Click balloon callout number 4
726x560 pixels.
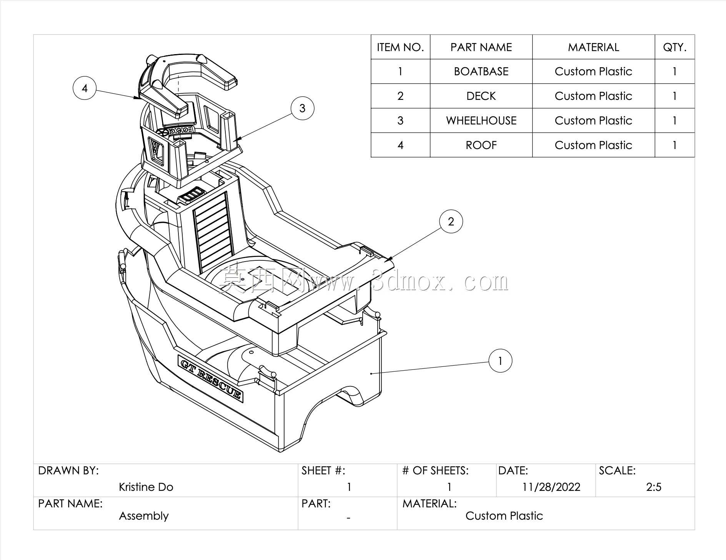(85, 88)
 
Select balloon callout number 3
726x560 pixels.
(302, 108)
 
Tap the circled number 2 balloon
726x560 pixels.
(451, 221)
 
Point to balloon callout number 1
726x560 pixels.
(500, 361)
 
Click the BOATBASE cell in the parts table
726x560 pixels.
(481, 71)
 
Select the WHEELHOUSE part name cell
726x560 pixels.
(481, 121)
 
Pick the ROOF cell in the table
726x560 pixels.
(481, 145)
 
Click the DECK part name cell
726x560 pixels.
(481, 96)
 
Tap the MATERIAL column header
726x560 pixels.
(593, 47)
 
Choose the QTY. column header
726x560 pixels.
(674, 47)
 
